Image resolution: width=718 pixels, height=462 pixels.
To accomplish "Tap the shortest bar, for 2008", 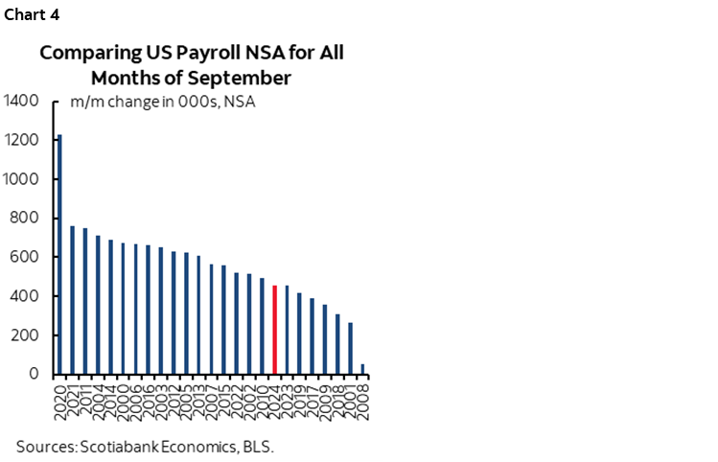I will tap(362, 369).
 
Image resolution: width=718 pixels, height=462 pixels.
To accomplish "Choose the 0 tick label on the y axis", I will tap(34, 375).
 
